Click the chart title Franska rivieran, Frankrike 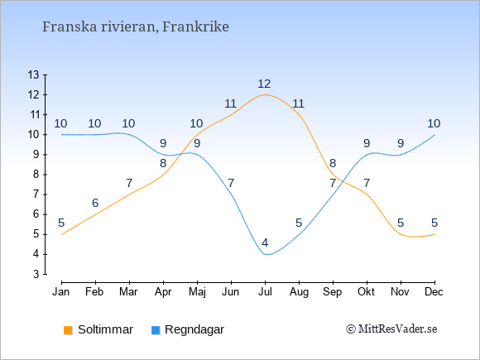(135, 27)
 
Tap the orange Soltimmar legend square (68, 330)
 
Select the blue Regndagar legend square (156, 330)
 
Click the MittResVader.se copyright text (391, 329)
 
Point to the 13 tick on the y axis (34, 74)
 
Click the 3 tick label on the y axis (36, 274)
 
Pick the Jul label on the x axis (265, 292)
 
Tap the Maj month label (197, 292)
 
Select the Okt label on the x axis (366, 292)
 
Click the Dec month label (434, 292)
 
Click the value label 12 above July (264, 84)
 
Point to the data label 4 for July (265, 242)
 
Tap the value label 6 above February (95, 203)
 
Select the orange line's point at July (265, 94)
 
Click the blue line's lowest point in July (266, 254)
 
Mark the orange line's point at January (62, 234)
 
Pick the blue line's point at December (434, 135)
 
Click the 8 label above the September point (333, 163)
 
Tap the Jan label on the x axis (61, 292)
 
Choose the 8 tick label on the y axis (36, 175)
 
